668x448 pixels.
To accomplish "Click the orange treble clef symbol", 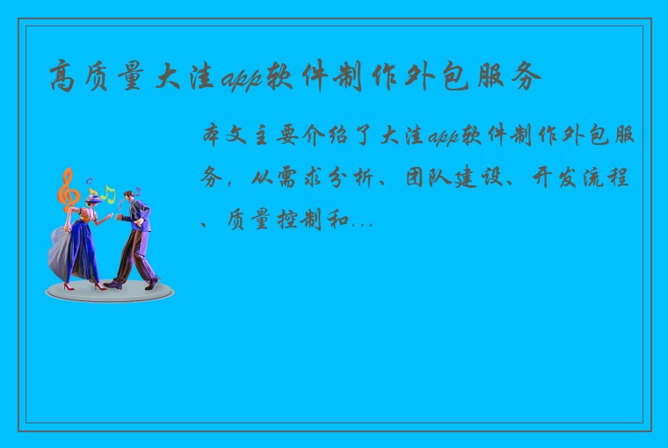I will (x=65, y=189).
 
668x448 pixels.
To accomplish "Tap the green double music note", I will (x=107, y=192).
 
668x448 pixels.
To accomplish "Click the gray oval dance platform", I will (x=109, y=292).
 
